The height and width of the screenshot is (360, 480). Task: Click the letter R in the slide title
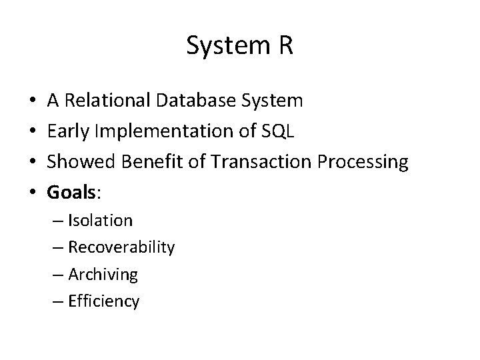[x=285, y=46]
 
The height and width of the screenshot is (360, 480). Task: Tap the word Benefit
[x=145, y=162]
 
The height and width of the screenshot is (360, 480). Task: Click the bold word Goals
[x=72, y=193]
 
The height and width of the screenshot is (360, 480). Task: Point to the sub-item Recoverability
[x=121, y=248]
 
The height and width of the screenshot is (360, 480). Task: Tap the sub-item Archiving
[x=103, y=275]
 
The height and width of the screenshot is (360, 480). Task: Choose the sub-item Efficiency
[x=104, y=301]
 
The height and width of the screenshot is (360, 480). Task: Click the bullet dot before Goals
[x=33, y=193]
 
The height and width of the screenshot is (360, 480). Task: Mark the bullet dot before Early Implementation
[x=33, y=132]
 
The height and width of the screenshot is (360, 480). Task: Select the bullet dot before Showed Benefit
[x=33, y=163]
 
